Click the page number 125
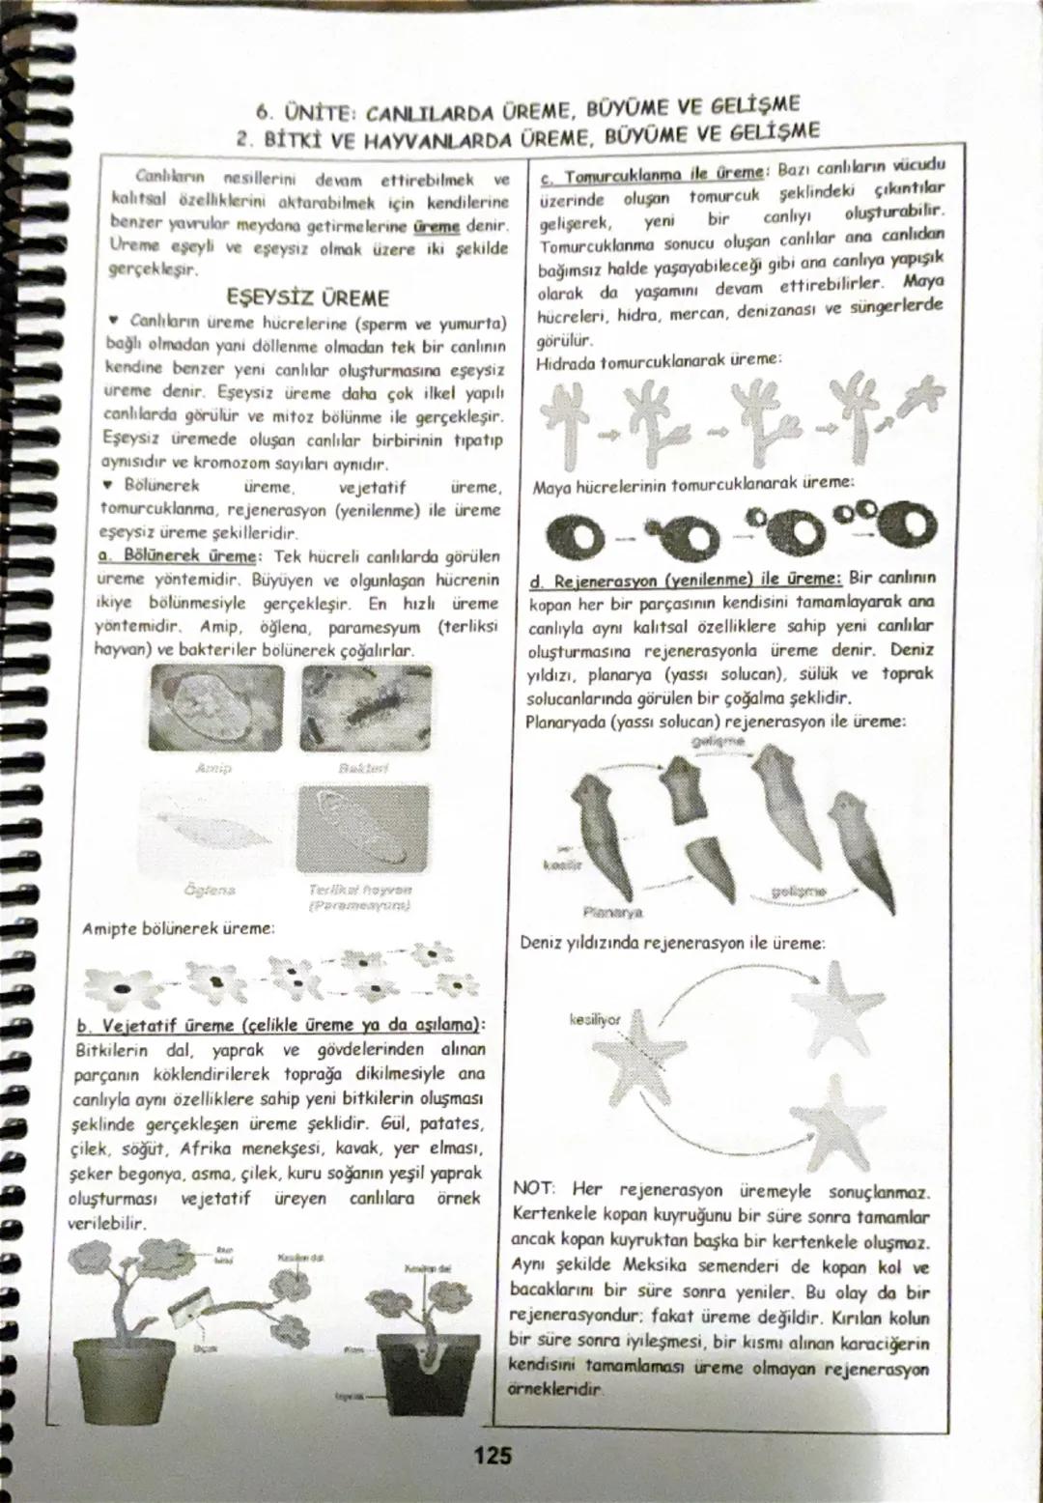493,1455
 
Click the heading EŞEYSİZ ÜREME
307,298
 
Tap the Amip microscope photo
217,708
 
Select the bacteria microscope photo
364,708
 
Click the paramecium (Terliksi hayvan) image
362,829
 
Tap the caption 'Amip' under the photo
213,768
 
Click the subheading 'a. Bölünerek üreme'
178,556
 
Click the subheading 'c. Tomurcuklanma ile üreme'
653,175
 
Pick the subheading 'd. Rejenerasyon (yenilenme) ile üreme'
685,580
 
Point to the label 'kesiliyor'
594,1019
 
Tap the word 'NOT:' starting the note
533,1188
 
